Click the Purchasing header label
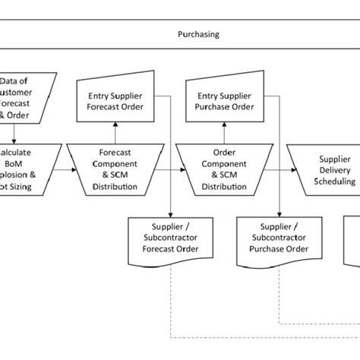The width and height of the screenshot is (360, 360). (x=198, y=33)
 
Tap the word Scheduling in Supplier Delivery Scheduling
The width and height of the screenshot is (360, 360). (x=334, y=182)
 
